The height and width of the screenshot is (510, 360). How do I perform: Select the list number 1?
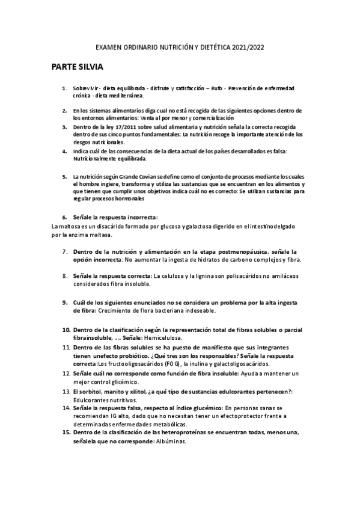pos(64,89)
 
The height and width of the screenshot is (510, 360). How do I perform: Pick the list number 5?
pos(64,176)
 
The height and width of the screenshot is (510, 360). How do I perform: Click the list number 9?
pos(64,303)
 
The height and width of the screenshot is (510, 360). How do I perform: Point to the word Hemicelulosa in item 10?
pos(159,338)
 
